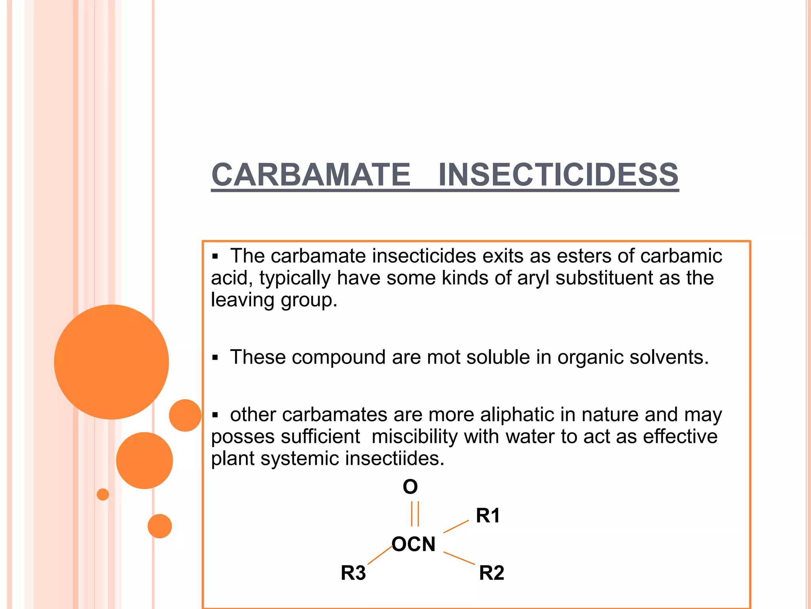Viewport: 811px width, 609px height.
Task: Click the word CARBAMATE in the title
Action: coord(311,175)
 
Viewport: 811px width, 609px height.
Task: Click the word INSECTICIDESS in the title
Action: coord(558,175)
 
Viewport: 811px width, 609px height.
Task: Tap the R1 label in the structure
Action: coord(488,515)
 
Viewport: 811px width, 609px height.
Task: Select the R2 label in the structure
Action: coord(491,573)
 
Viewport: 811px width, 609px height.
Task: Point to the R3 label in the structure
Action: coord(353,573)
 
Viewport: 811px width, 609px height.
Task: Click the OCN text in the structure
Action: coord(413,544)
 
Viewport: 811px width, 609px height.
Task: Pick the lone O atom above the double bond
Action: coord(410,486)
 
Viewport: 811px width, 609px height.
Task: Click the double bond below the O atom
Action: coord(415,514)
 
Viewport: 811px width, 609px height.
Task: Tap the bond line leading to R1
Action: coord(456,527)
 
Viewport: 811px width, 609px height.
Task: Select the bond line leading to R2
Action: coord(459,558)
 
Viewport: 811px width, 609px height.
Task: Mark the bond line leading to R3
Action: coord(380,555)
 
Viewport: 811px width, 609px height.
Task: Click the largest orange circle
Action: coord(112,362)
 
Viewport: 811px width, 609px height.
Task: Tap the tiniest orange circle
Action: coord(103,494)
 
